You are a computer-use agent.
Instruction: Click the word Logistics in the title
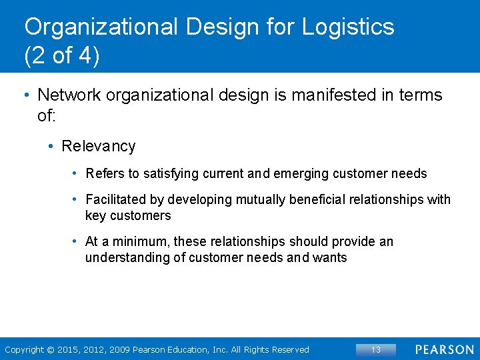coord(348,28)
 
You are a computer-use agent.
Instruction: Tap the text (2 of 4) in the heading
coord(62,56)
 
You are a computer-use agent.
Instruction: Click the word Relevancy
coord(98,146)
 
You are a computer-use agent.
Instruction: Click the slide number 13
coord(376,349)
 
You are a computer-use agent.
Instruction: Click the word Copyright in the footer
coord(24,350)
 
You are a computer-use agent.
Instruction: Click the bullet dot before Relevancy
coord(51,147)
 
